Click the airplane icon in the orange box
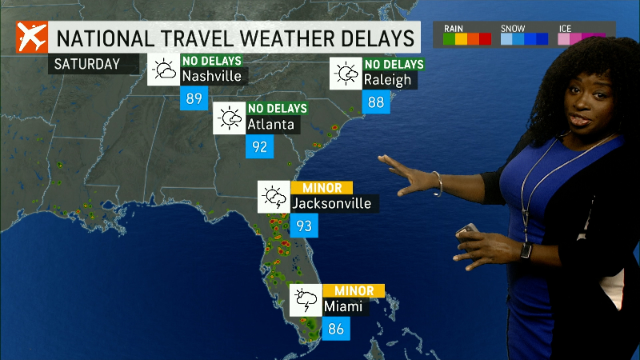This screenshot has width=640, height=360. pyautogui.click(x=30, y=38)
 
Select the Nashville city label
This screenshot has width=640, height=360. pyautogui.click(x=211, y=78)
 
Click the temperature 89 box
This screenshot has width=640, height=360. pyautogui.click(x=194, y=99)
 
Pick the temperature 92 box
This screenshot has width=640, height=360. pyautogui.click(x=259, y=146)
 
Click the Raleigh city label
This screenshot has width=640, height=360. pyautogui.click(x=387, y=80)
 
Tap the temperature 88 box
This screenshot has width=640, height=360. pyautogui.click(x=376, y=102)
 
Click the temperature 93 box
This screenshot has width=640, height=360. pyautogui.click(x=304, y=226)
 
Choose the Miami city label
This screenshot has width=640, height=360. pyautogui.click(x=343, y=306)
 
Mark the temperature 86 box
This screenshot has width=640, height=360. pyautogui.click(x=336, y=328)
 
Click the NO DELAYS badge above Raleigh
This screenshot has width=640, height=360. pyautogui.click(x=394, y=65)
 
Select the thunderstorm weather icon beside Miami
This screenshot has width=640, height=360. pyautogui.click(x=305, y=300)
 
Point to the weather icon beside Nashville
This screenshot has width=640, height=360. pyautogui.click(x=163, y=70)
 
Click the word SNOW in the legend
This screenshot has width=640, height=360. pyautogui.click(x=513, y=28)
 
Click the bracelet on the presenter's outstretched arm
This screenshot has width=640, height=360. pyautogui.click(x=438, y=183)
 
